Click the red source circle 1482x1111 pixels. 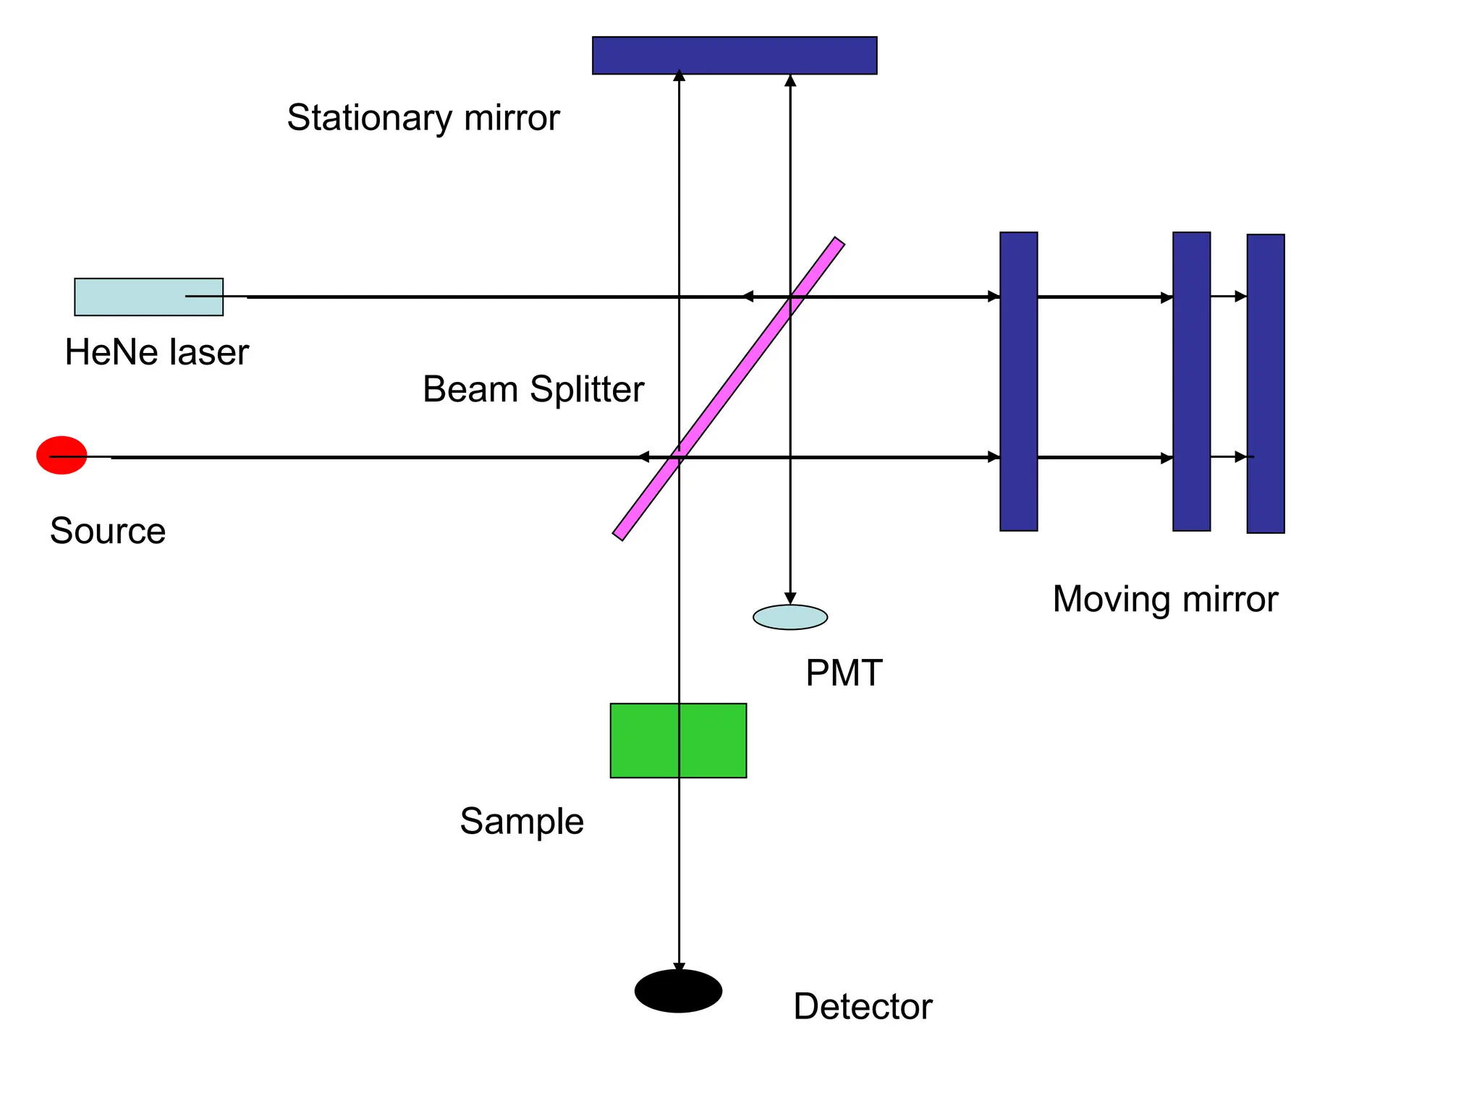[x=62, y=455]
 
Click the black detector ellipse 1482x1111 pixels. [x=678, y=991]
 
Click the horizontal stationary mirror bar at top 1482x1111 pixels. [x=734, y=56]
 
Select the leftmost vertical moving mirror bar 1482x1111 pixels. [x=1018, y=382]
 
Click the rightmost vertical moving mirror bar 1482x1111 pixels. [x=1265, y=383]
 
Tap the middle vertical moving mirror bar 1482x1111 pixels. [x=1191, y=382]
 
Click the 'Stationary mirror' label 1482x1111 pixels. [x=423, y=118]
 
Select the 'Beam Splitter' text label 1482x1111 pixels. [x=533, y=389]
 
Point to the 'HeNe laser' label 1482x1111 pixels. [x=156, y=353]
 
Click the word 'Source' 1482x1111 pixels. [x=108, y=531]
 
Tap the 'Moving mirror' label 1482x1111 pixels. [x=1165, y=600]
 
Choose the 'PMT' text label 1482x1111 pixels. [x=844, y=673]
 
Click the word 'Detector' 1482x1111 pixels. [x=863, y=1007]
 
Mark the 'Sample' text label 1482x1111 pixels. [x=522, y=822]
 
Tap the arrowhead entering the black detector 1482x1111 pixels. [x=679, y=969]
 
